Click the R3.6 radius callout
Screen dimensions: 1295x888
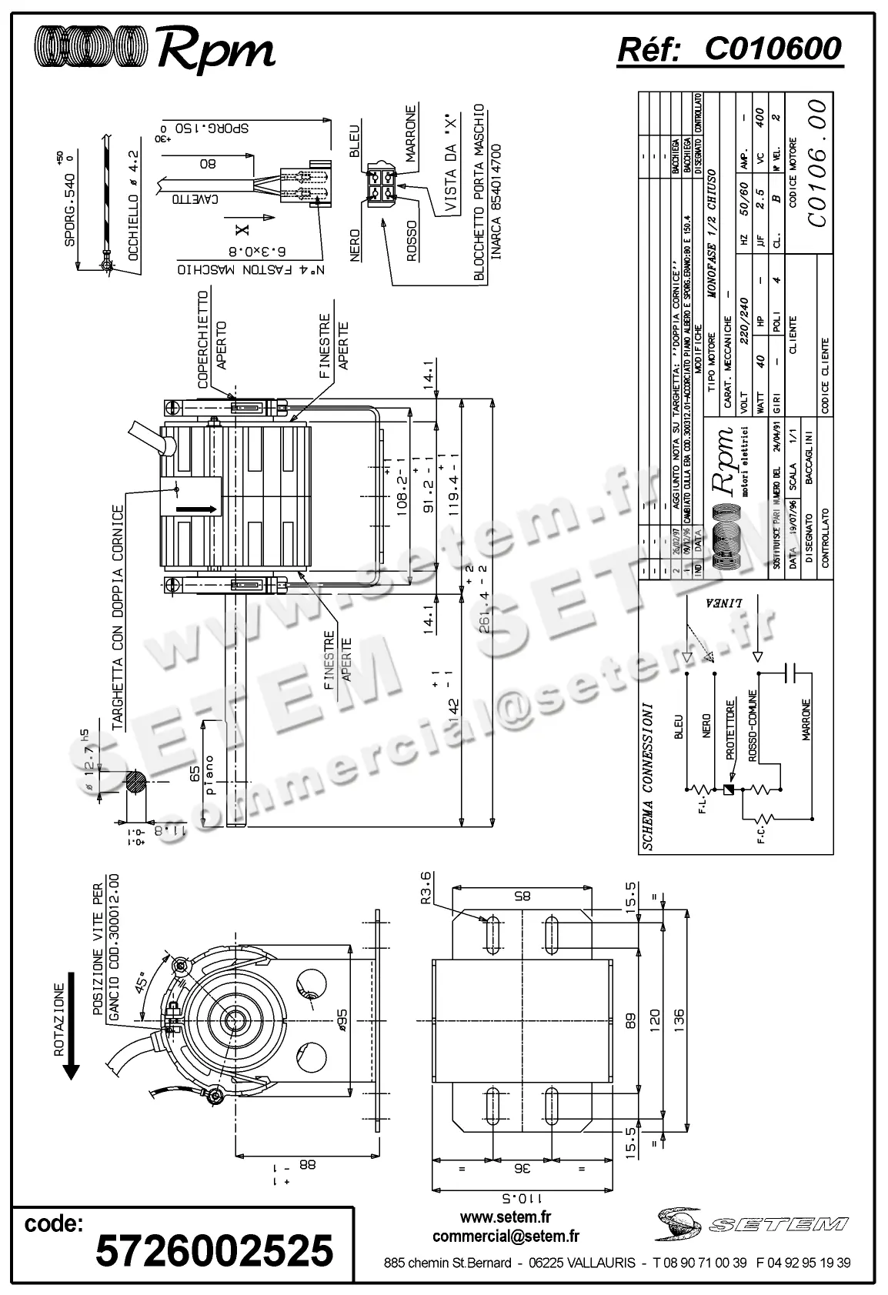pos(428,889)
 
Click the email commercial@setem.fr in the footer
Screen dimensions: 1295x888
pos(506,1236)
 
